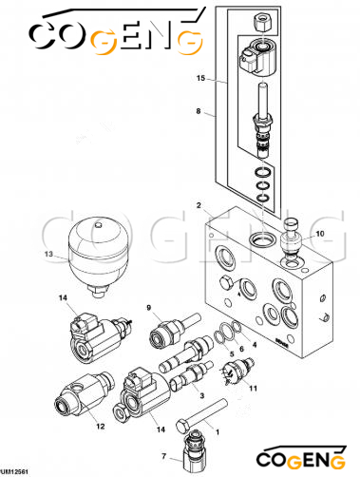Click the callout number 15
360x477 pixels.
pos(200,78)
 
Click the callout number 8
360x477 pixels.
pos(199,111)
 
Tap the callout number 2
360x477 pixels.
pos(199,205)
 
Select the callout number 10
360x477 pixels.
pos(320,234)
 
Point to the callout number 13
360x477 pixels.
pos(48,254)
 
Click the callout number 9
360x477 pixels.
pos(149,307)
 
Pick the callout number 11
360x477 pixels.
pos(253,388)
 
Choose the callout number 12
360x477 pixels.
pos(101,427)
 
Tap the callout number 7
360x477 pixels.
pos(163,456)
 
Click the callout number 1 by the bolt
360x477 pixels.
pos(218,432)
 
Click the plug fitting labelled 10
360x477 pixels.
pos(291,239)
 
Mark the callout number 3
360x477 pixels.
pos(201,395)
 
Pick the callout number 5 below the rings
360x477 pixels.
pos(232,354)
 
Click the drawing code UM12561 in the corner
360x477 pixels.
pos(14,472)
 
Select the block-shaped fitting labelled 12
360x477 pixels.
pos(84,394)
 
